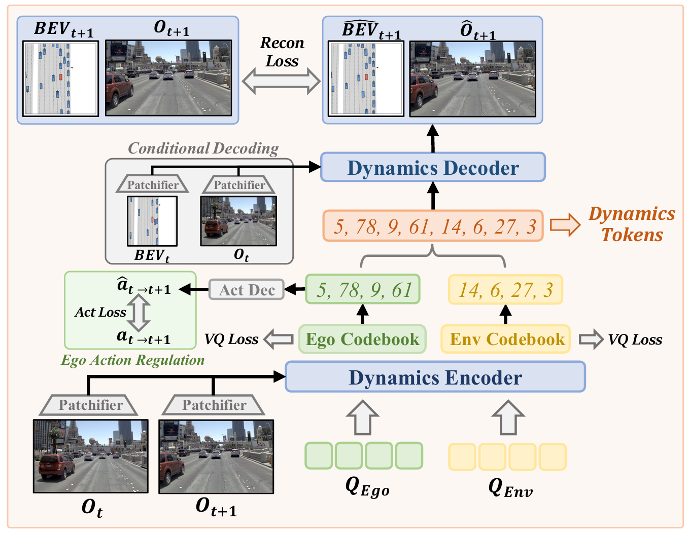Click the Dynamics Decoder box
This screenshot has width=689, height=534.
(x=433, y=168)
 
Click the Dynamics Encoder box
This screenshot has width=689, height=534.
(x=435, y=377)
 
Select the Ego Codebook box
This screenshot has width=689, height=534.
(x=362, y=339)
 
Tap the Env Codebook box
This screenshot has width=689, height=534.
(x=506, y=339)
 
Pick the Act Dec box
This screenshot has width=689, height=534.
(x=247, y=290)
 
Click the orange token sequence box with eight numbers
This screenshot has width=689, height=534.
(x=433, y=226)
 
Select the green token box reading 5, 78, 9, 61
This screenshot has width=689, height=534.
(x=363, y=290)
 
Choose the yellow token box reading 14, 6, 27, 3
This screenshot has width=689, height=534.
(x=505, y=290)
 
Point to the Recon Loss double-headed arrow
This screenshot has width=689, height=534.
(x=281, y=82)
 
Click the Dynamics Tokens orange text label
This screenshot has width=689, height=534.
(x=632, y=224)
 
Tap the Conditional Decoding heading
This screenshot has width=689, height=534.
(x=203, y=148)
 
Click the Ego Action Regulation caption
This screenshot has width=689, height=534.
(x=132, y=360)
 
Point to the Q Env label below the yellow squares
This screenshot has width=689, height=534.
(x=509, y=488)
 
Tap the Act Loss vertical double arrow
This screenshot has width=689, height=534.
(x=139, y=313)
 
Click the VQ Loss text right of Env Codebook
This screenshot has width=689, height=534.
(x=635, y=339)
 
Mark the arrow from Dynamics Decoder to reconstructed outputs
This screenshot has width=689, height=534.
(x=433, y=138)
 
